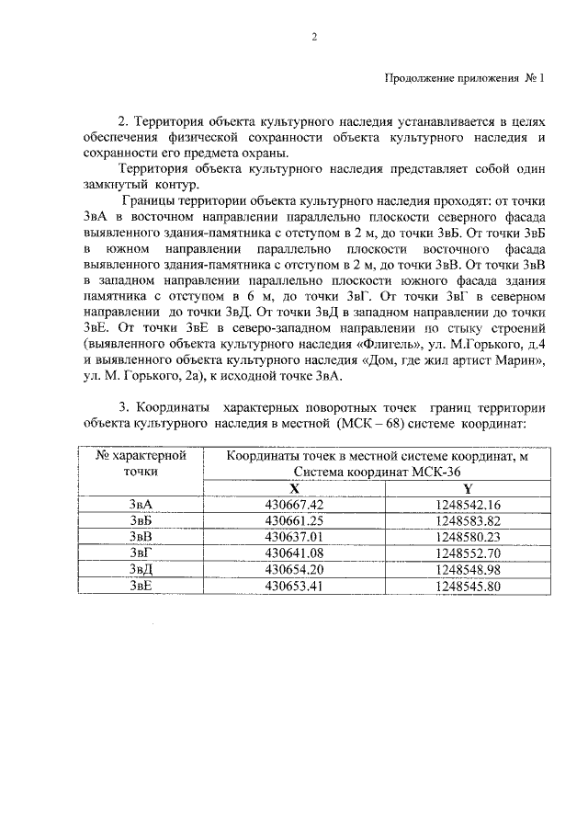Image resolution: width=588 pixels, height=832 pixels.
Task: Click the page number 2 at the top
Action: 314,37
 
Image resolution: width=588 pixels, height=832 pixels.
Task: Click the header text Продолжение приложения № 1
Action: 464,78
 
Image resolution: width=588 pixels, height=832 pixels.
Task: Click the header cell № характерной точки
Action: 141,462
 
